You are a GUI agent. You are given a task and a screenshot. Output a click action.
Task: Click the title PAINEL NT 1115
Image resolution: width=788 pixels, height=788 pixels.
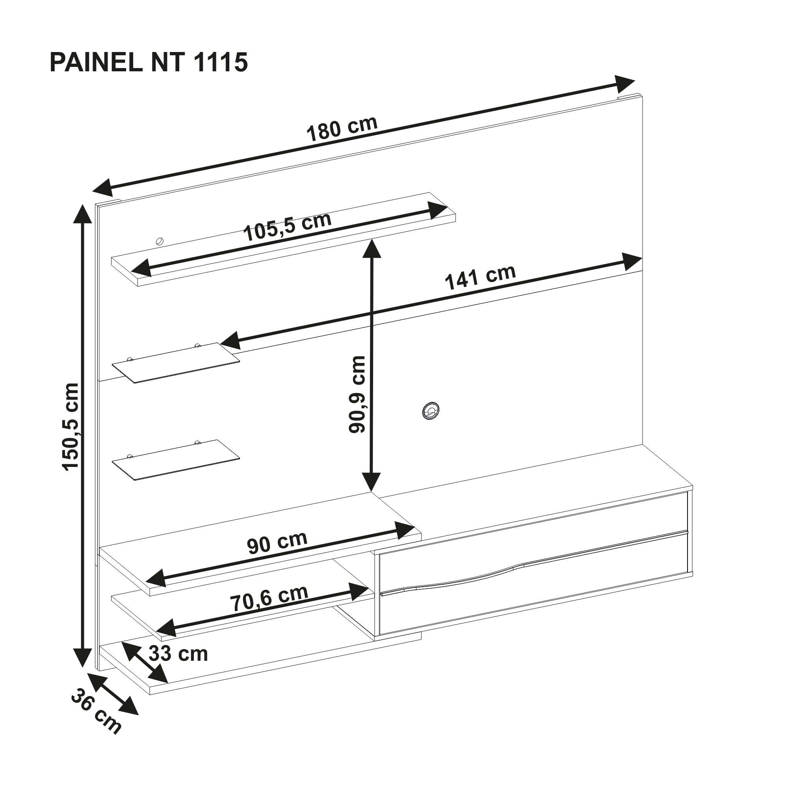point(149,63)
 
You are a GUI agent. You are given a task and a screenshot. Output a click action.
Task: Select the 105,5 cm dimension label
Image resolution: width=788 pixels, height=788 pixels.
point(287,227)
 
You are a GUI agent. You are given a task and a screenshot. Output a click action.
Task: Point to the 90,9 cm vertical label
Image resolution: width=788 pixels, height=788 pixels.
point(357,394)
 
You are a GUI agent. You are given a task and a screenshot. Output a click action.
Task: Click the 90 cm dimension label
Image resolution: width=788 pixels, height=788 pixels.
point(277,543)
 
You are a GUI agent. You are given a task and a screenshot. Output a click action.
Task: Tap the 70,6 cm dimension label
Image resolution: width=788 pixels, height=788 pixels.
point(269,598)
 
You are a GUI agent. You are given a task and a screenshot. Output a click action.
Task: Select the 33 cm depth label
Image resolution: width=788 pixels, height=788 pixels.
point(178,653)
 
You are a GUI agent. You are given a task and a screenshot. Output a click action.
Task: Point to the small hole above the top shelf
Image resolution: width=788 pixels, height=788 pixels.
point(160,241)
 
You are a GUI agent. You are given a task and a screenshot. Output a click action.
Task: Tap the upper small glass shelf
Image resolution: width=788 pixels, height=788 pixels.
point(176,362)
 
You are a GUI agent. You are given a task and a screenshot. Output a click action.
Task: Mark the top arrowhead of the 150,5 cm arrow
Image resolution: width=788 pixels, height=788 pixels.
point(82,214)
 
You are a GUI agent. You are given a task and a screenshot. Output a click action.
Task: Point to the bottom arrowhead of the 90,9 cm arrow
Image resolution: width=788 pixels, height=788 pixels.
point(371,482)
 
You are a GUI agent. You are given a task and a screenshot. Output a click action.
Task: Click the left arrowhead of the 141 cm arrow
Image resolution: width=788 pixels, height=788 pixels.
point(230,340)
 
